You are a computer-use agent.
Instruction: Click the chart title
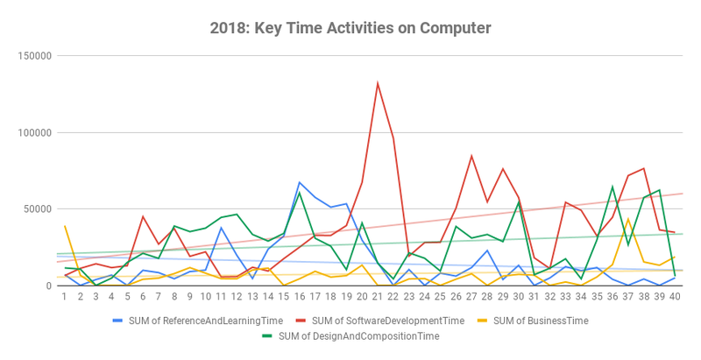pos(350,28)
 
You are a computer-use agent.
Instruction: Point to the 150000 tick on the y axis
pos(33,56)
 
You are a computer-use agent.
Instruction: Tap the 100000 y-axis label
pos(33,132)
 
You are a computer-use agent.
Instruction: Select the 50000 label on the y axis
pos(36,209)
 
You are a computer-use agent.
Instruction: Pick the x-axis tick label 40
pos(675,298)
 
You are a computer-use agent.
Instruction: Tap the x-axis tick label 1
pos(65,298)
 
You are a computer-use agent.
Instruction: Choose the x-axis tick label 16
pos(300,298)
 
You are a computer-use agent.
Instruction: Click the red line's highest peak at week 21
pos(378,83)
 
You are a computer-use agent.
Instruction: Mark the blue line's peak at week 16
pos(300,182)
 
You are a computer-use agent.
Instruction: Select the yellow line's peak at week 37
pos(628,219)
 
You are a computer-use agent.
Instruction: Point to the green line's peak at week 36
pos(612,187)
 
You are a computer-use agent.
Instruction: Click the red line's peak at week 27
pos(471,156)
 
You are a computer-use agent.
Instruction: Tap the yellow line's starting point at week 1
pos(65,226)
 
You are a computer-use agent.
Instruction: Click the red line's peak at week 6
pos(143,216)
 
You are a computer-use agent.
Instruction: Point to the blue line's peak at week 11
pos(222,228)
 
